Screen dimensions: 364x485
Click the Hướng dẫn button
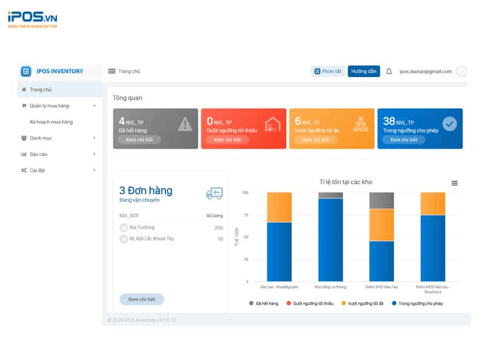point(364,72)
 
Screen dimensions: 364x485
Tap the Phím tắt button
point(328,72)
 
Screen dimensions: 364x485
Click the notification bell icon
point(389,72)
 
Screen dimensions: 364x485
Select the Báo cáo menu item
point(38,154)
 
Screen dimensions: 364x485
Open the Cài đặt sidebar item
point(37,170)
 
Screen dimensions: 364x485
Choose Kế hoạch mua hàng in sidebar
point(51,122)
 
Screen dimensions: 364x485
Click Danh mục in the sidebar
point(41,138)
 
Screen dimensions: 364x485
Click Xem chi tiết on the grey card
point(139,140)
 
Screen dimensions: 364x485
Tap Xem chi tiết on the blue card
point(403,140)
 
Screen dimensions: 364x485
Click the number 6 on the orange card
point(298,121)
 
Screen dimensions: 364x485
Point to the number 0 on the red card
point(210,121)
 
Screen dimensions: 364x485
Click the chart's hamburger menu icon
point(455,183)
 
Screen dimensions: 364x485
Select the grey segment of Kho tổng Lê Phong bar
point(330,195)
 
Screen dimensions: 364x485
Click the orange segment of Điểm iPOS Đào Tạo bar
point(381,225)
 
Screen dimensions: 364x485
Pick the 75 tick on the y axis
point(246,215)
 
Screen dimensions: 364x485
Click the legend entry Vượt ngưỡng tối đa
point(364,303)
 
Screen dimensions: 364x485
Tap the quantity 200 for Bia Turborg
point(218,228)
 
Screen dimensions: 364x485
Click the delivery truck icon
point(214,193)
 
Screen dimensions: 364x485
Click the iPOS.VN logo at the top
point(33,19)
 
